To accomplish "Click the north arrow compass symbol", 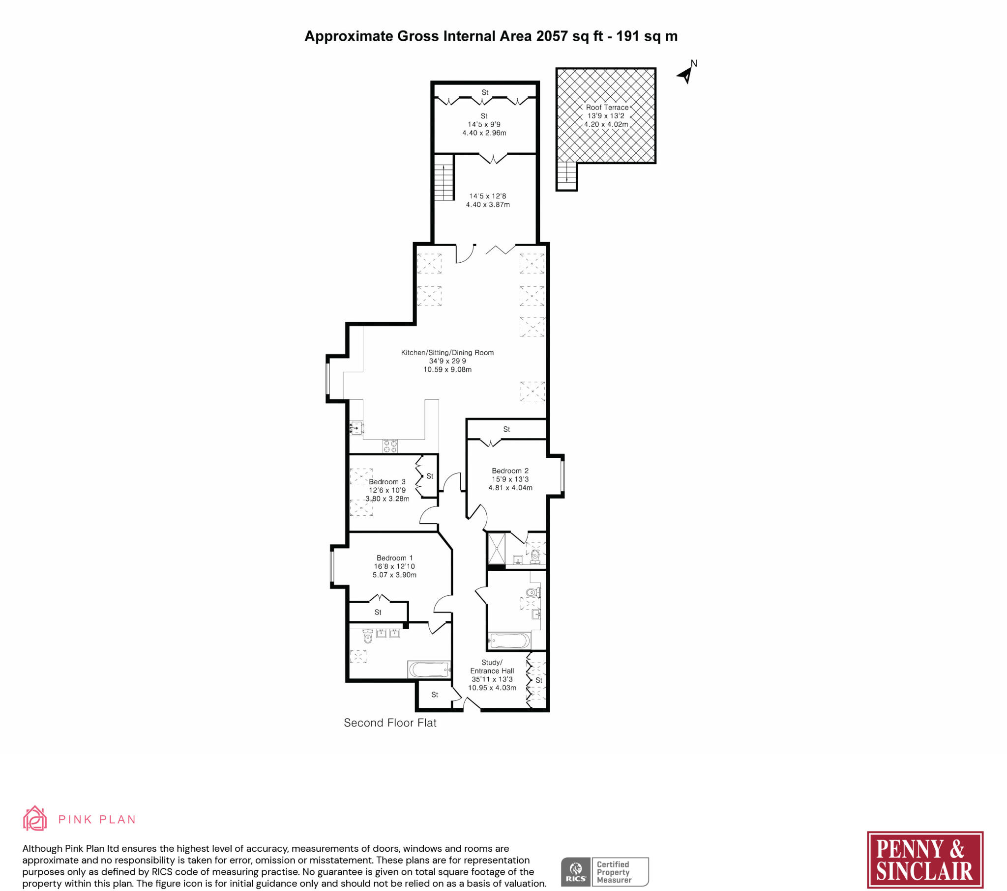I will pos(685,75).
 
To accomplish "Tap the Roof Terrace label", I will pos(607,107).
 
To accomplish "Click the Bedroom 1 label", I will pos(395,558).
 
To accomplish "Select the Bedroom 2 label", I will pos(510,471).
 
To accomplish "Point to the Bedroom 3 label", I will pos(387,481).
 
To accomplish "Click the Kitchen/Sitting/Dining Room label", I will pos(447,353).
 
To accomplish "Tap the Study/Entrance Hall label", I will pos(492,667).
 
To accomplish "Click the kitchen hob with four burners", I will pos(390,446).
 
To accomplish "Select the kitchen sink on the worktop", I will pos(355,428).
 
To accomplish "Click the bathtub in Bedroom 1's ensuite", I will pos(429,669).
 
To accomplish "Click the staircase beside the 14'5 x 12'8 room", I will pos(444,177).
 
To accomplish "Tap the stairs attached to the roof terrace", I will pos(566,176).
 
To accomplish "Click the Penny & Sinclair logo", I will pos(925,860).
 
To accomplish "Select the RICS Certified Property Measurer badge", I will pos(604,872).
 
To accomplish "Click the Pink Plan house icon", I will pos(35,819).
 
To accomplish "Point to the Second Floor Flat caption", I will pos(390,723).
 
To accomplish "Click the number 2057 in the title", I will pos(552,36).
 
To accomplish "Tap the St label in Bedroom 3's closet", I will pos(430,476).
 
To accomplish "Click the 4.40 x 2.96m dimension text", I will pos(484,133).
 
